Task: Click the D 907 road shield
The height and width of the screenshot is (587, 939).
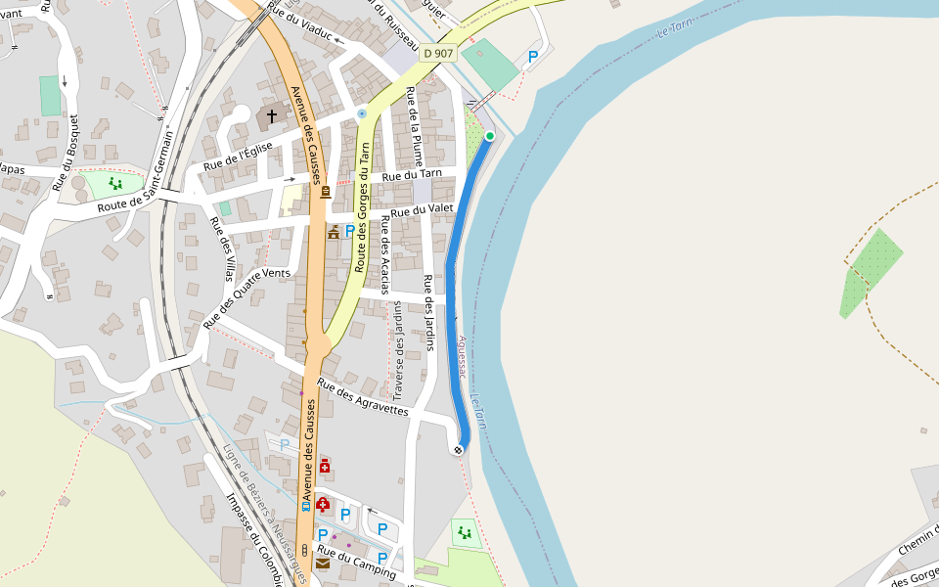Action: coord(439,53)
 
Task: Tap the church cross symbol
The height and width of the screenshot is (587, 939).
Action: coord(271,116)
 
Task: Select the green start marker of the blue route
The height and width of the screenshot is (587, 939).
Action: coord(490,135)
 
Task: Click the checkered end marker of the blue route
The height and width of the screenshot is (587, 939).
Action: coord(457,450)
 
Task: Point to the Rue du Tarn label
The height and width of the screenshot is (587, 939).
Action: coord(412,176)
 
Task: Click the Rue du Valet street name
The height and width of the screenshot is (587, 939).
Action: coord(423,209)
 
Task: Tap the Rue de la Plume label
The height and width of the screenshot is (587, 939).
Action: coord(415,125)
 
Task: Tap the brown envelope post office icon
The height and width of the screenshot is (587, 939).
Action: coord(322,563)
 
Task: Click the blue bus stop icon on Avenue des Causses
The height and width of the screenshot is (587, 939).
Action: coord(306,506)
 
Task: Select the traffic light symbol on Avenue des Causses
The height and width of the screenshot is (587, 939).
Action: coord(304,550)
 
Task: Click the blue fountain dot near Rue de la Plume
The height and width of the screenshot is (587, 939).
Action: coord(362,113)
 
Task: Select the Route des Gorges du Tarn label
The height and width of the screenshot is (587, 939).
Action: coord(363,206)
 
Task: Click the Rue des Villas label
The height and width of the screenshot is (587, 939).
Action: coord(223,248)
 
